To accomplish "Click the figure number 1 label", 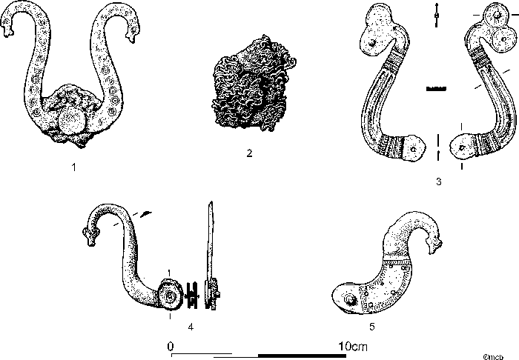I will click(74, 167).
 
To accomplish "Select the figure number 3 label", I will click(439, 181).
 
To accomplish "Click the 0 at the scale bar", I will click(171, 346).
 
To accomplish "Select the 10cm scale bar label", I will click(351, 346).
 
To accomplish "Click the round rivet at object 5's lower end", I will click(346, 300).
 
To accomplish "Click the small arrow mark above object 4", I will click(145, 213).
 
